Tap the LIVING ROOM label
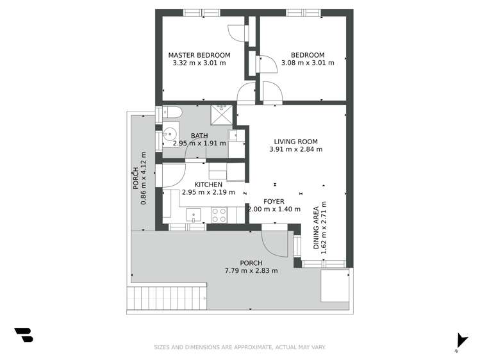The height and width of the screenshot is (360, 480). (295, 142)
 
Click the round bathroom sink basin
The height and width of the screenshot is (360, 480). (170, 135)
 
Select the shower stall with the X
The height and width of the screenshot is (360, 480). (223, 113)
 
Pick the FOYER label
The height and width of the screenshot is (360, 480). (274, 202)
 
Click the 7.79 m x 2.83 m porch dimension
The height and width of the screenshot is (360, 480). (251, 271)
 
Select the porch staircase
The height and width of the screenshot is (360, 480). (167, 298)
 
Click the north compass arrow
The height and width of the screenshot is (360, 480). (459, 340)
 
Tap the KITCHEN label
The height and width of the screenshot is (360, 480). (199, 184)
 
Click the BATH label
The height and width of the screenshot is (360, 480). (199, 135)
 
